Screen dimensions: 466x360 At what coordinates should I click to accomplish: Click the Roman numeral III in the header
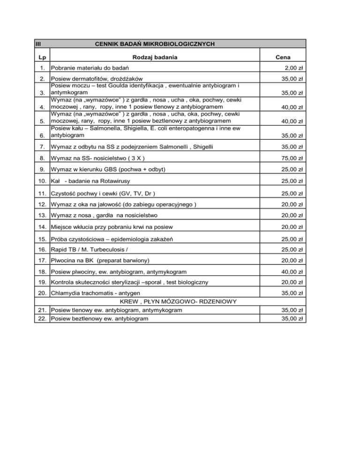[x=38, y=44]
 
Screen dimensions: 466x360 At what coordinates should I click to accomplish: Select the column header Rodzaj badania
[x=155, y=57]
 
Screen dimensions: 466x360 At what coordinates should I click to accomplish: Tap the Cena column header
[x=283, y=57]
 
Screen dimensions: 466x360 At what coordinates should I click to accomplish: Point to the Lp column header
[x=42, y=57]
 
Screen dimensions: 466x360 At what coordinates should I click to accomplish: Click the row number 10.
[x=42, y=181]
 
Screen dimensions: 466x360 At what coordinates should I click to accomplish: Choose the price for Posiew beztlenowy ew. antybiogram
[x=294, y=318]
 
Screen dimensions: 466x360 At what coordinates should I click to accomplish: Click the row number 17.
[x=42, y=260]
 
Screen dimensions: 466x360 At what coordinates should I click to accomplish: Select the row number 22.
[x=42, y=318]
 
